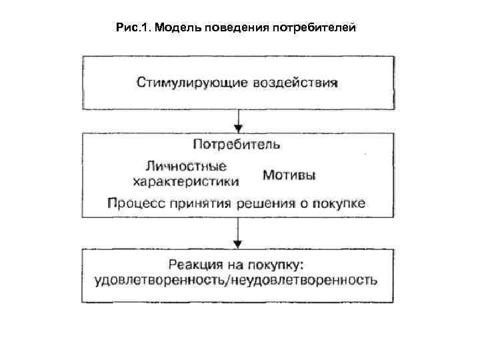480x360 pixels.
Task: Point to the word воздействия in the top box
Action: coord(295,83)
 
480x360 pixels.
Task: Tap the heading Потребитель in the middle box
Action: coord(237,144)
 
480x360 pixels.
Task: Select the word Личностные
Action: coord(185,166)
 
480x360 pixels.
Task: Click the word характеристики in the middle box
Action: coord(186,180)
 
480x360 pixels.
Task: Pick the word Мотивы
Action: coord(289,175)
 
